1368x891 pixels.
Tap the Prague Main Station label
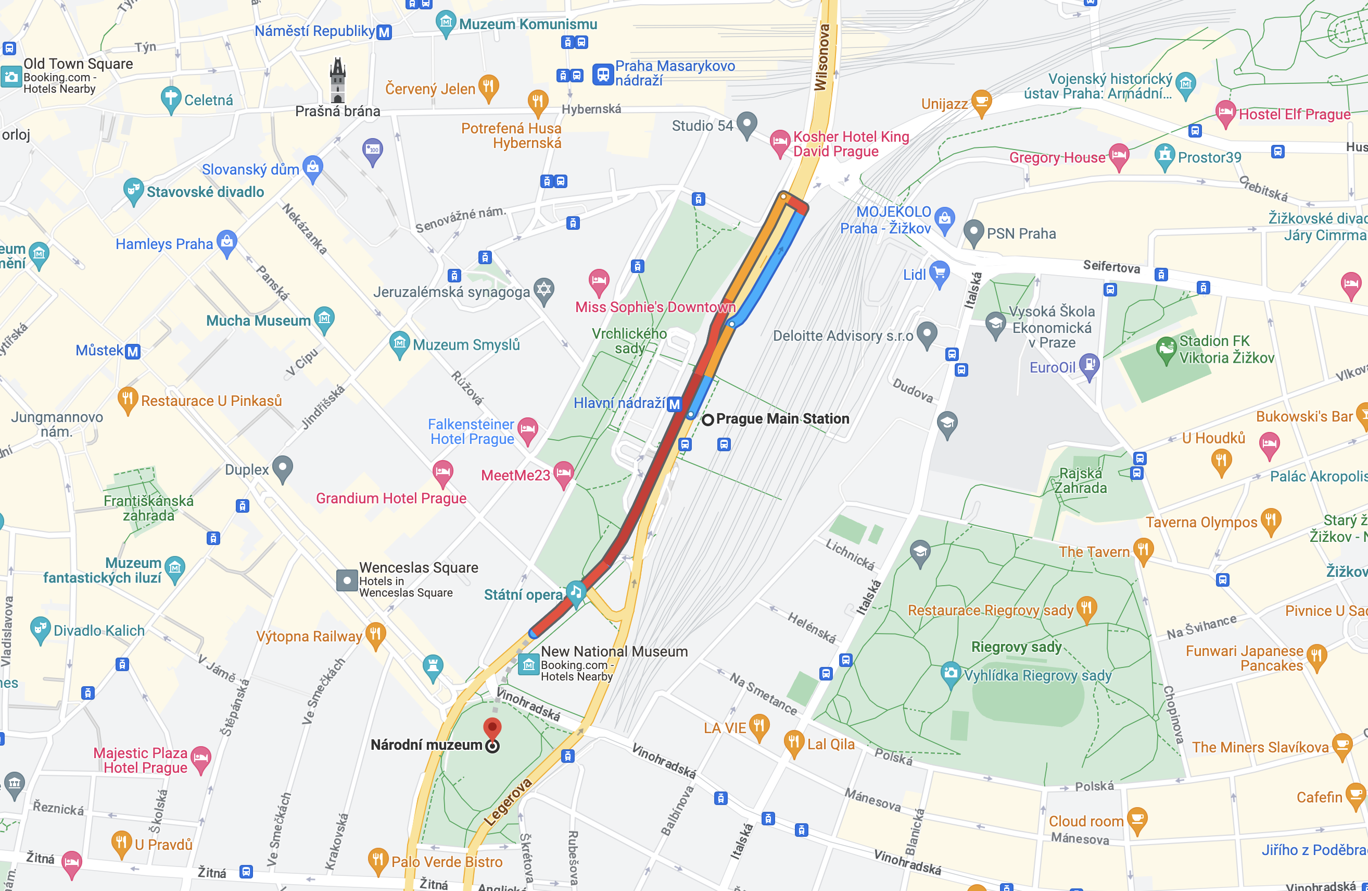782,419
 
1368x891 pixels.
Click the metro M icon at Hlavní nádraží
674,404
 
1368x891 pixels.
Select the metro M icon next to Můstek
132,352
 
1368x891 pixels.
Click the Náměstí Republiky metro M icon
384,32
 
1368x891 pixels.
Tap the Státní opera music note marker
575,591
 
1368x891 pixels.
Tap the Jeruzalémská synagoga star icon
544,289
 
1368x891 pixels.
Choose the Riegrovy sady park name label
1016,647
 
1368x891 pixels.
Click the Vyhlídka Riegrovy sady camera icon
951,673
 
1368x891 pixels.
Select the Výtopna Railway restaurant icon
375,635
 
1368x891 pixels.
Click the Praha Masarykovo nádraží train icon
603,74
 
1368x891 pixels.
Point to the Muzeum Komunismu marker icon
446,22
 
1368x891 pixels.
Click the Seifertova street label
1111,266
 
